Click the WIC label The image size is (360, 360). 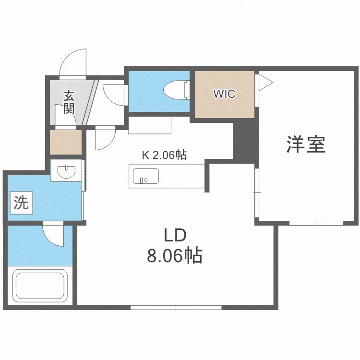(224, 94)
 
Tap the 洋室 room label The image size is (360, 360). (306, 144)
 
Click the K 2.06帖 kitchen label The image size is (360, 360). (164, 155)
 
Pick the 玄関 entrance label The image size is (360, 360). (69, 102)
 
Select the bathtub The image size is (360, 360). (40, 285)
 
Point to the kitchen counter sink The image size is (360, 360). (143, 177)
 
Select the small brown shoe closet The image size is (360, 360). (66, 142)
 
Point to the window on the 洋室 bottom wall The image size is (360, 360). (316, 223)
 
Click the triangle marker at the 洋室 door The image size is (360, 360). (265, 82)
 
